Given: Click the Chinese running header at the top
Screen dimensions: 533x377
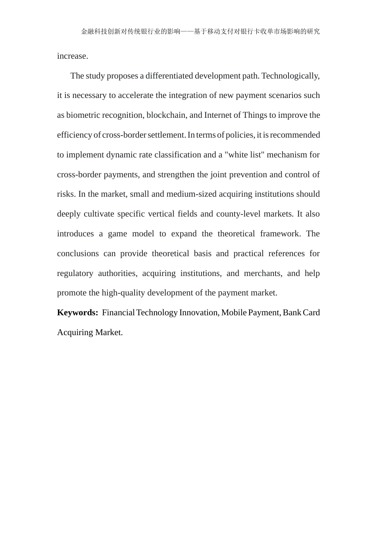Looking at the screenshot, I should [200, 31].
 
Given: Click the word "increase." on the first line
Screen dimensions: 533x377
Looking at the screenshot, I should [73, 56].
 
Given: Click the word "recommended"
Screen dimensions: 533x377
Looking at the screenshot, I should [295, 135].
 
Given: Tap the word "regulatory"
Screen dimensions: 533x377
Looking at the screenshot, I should [75, 273].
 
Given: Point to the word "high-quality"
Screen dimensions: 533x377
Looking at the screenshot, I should [123, 293].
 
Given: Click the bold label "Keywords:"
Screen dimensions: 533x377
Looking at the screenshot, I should [77, 313].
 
